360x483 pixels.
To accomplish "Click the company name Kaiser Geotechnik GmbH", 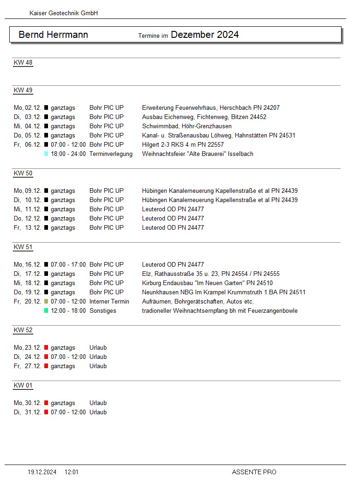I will pos(63,13).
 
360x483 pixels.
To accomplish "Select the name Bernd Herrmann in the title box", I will pos(53,35).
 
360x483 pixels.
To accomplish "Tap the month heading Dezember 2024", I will pos(204,35).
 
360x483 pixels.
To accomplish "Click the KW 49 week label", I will pos(23,90).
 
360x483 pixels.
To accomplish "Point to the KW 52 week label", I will pos(23,330).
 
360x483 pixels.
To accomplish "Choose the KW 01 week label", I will pos(23,386).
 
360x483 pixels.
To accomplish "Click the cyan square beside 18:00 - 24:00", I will pos(46,154).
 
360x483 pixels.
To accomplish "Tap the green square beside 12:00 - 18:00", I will pos(46,311).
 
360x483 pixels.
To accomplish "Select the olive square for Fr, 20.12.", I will pos(46,302).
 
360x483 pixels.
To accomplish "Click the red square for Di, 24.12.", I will pos(46,357).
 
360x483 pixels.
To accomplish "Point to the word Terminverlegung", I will pos(111,154).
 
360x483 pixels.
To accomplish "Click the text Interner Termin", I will pos(109,302).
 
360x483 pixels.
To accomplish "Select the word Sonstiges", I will pos(103,311).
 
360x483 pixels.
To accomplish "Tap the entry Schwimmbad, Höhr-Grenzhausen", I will pos(187,126).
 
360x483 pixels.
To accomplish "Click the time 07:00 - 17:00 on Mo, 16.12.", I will pos(68,265).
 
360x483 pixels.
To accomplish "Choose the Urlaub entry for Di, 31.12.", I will pos(98,412).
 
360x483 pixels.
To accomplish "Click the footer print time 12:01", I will pos(72,472).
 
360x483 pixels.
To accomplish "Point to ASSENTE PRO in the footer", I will pos(254,472).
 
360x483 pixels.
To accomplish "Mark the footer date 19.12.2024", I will pos(42,472).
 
